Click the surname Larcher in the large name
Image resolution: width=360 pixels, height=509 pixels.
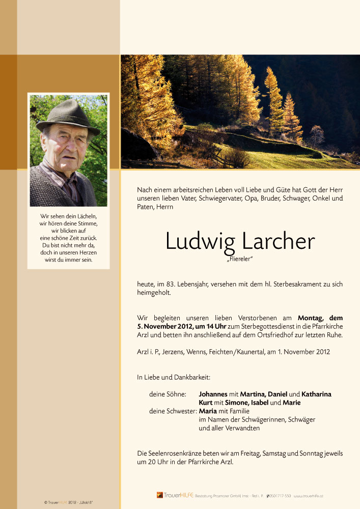[278, 241]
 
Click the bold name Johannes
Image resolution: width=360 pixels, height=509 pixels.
[213, 394]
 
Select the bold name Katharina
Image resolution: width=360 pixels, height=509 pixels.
[316, 394]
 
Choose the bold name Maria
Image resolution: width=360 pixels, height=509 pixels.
[208, 411]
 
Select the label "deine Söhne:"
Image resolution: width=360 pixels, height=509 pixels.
[168, 394]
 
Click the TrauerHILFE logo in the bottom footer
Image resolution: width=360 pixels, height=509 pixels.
[175, 495]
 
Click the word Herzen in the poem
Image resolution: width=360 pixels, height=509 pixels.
[84, 252]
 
